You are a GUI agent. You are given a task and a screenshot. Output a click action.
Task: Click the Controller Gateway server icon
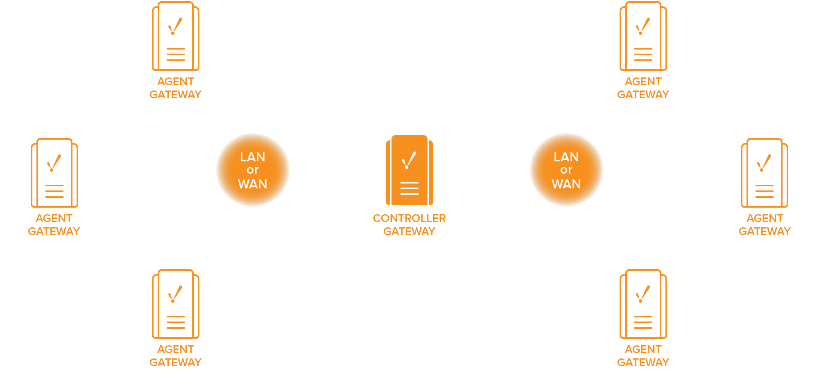409,170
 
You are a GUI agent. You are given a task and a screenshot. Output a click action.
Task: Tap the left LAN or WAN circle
253,170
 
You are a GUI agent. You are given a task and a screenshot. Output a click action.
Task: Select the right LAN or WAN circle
566,170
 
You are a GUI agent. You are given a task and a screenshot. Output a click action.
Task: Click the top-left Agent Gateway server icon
176,36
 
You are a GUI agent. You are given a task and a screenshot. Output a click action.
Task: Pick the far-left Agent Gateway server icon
54,173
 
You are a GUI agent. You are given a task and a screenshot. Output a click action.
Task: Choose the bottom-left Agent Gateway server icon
176,304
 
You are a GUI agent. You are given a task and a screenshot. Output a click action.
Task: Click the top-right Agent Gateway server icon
643,36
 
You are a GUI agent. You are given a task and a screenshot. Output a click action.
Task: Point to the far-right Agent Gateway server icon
765,173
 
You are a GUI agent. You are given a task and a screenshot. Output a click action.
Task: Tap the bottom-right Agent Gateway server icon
643,304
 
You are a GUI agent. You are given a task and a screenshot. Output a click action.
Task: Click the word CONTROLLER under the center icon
409,218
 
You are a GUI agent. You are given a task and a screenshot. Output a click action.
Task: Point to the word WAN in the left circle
253,184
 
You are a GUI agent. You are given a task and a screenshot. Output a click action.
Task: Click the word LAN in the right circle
566,157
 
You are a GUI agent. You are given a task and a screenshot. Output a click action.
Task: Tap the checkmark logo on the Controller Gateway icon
409,160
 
